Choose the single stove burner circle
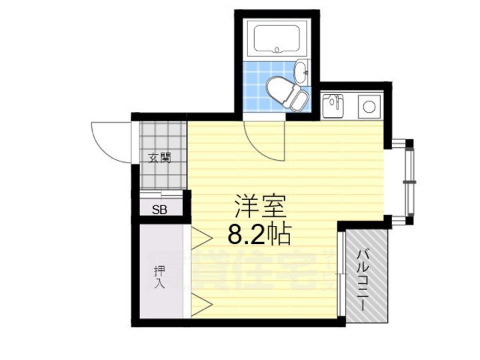[x=367, y=105]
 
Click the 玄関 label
[x=160, y=158]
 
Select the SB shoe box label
[x=159, y=209]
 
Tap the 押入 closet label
[x=159, y=277]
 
